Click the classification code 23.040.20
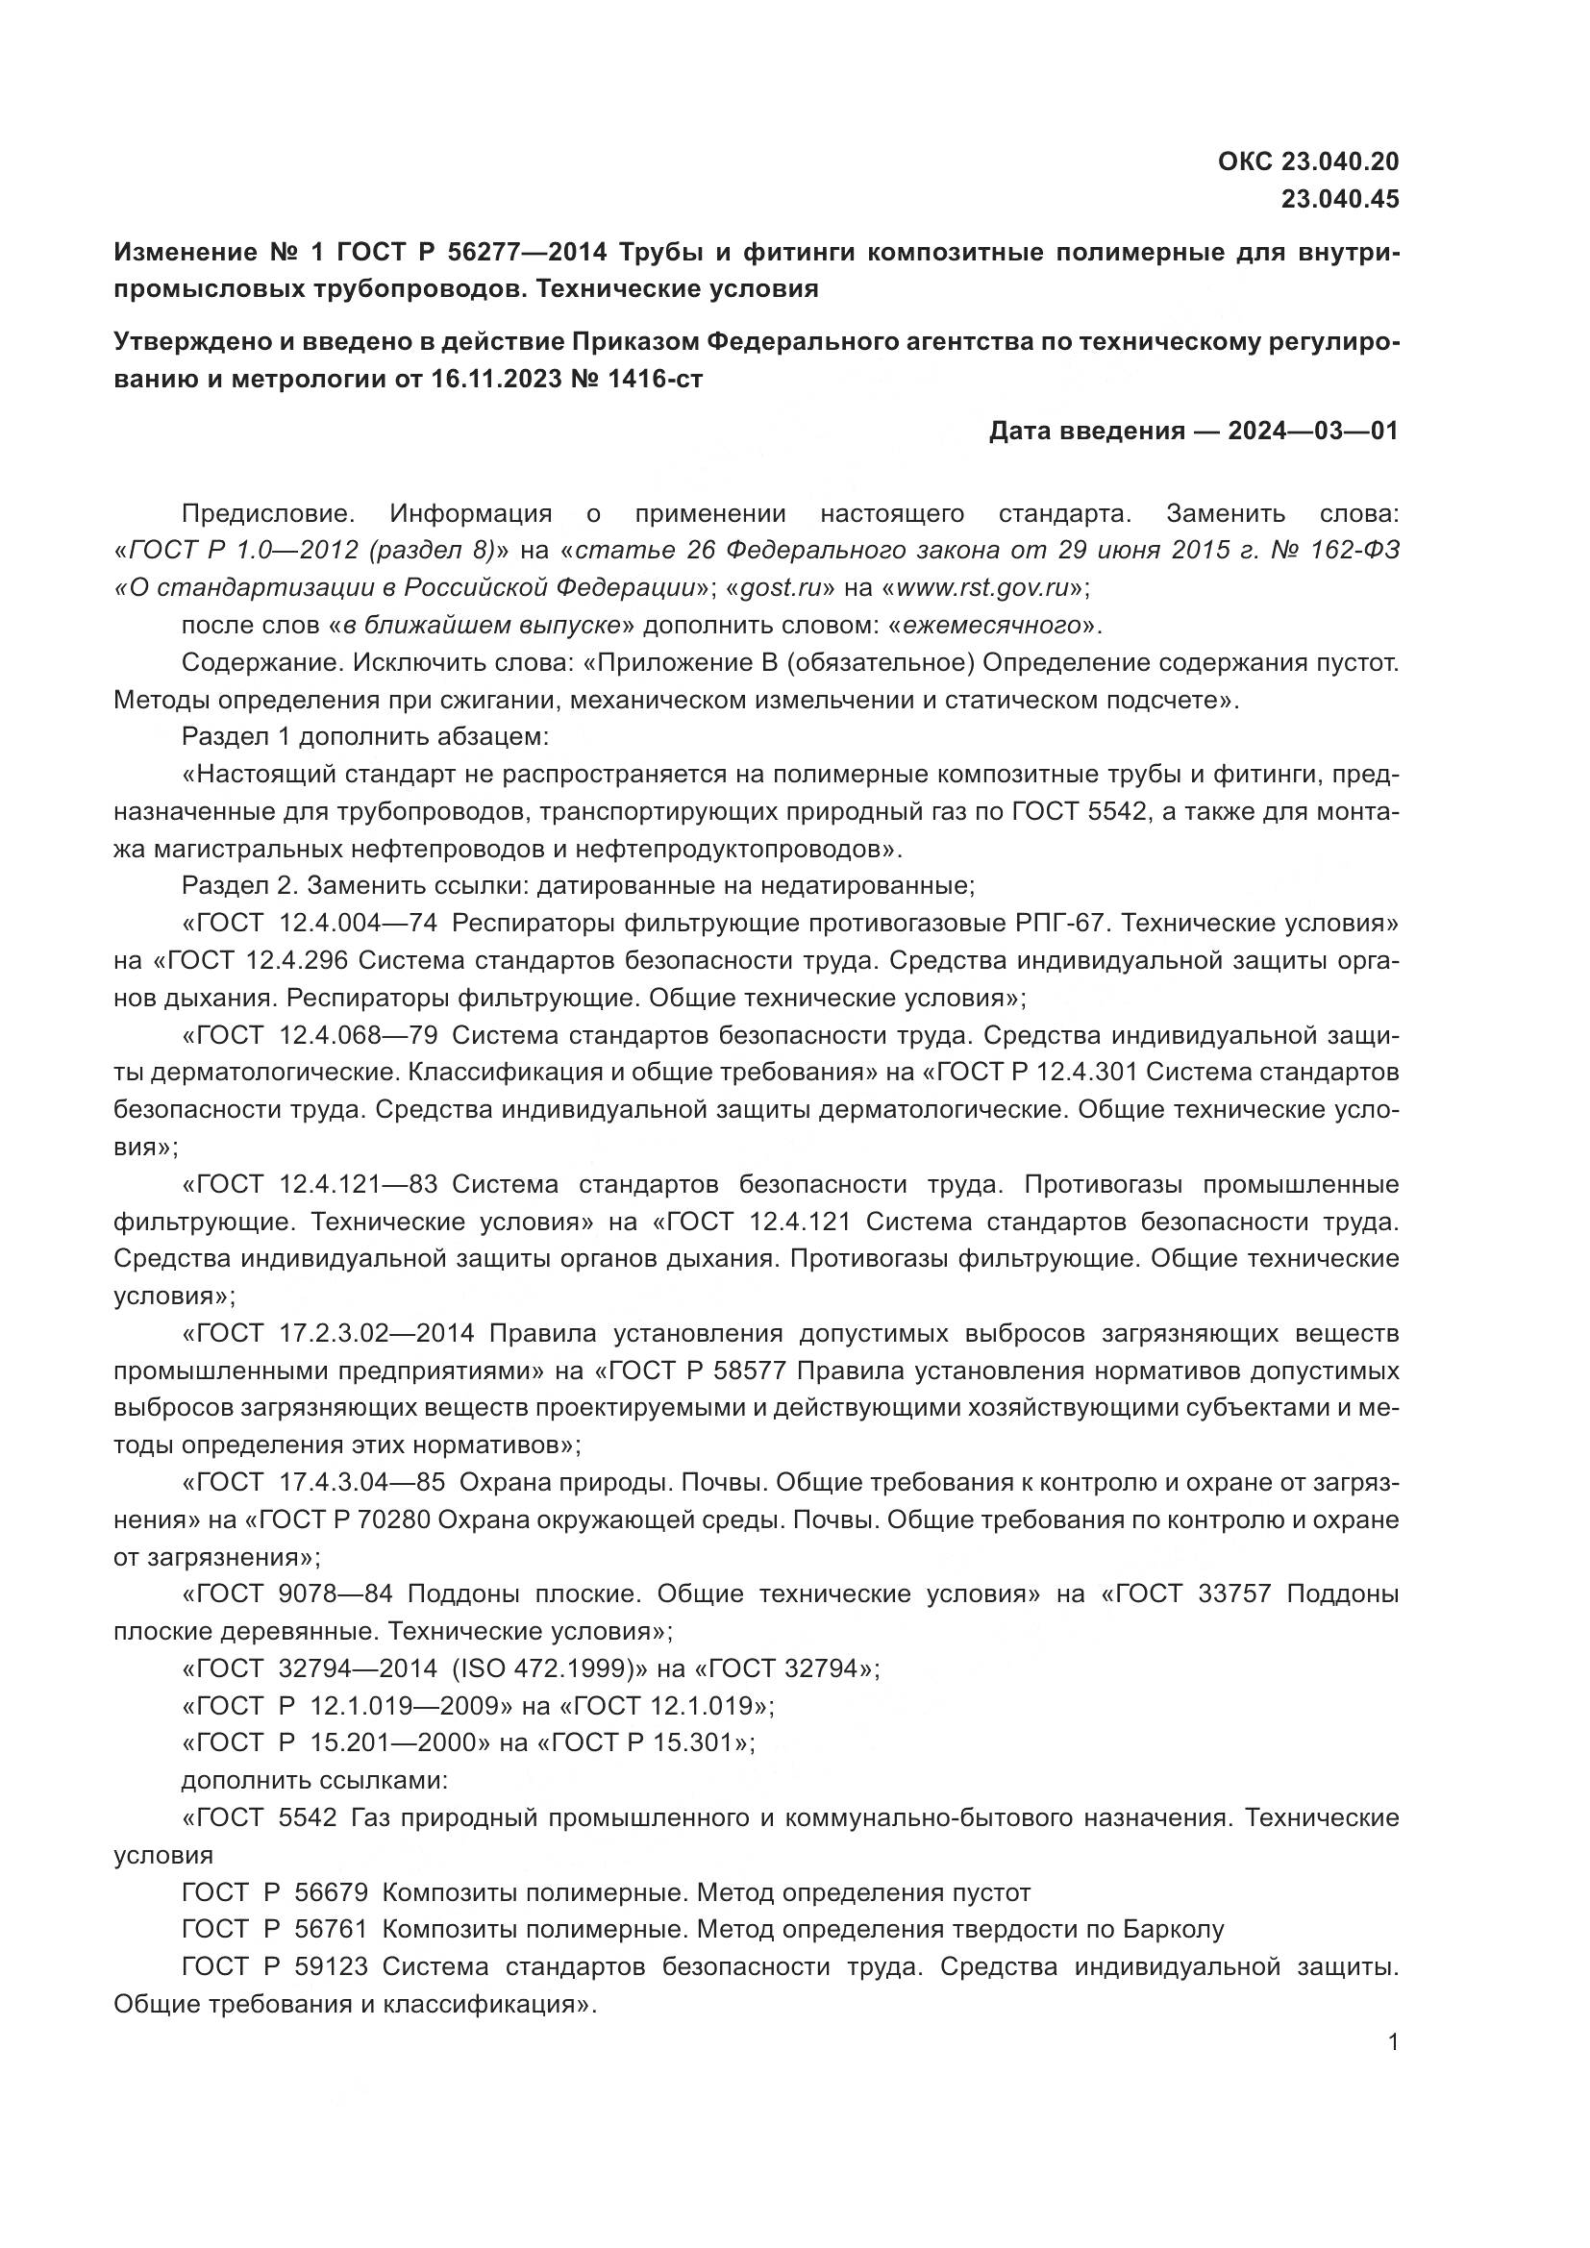1340,161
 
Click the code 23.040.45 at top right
1340,200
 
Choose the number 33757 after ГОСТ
1233,1593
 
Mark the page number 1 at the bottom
1393,2042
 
